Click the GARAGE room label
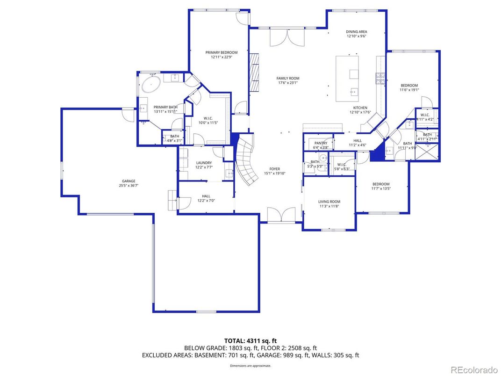click(129, 181)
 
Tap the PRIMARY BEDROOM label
click(222, 52)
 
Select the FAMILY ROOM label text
click(288, 79)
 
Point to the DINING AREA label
click(356, 32)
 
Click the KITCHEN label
click(360, 108)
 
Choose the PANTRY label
click(320, 143)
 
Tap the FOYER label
click(274, 169)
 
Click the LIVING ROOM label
click(329, 202)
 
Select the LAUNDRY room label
click(204, 163)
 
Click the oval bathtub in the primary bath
click(150, 85)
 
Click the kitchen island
click(348, 78)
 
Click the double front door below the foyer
click(281, 215)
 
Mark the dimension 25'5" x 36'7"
click(129, 186)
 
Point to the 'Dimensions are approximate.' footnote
click(250, 366)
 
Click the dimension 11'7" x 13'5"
click(380, 188)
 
